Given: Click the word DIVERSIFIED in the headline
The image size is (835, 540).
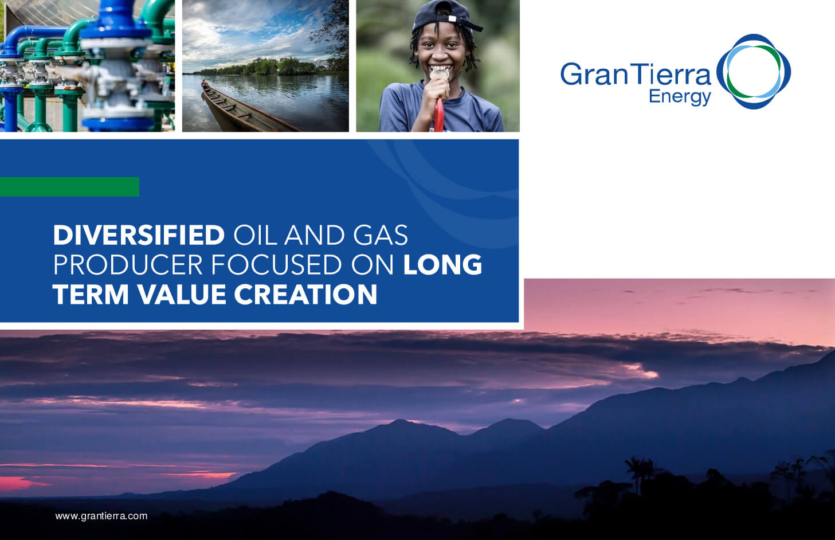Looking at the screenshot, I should tap(138, 236).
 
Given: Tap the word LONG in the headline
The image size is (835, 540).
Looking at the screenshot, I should tap(442, 265).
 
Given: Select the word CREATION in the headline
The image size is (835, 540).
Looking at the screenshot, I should tap(305, 295).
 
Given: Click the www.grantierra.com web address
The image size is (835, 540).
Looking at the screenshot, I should tap(101, 516).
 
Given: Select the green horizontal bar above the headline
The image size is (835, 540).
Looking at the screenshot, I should tap(69, 187).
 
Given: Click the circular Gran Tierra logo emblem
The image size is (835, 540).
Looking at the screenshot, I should tap(753, 72).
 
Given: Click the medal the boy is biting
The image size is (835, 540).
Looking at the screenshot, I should tap(440, 74).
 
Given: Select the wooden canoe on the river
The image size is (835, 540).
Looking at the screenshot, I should tap(241, 109).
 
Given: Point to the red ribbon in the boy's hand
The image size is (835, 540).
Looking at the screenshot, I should tap(439, 115).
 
